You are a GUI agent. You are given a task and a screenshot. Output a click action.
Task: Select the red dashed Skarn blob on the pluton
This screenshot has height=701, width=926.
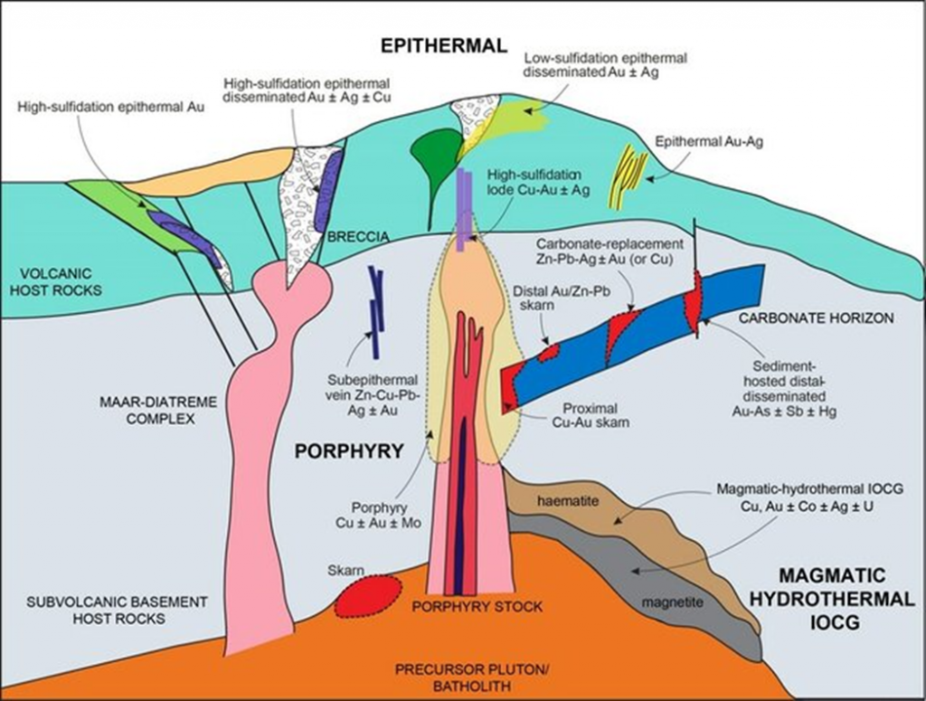[x=368, y=597]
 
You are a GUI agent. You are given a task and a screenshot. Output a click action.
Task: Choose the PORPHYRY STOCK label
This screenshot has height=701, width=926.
[x=477, y=606]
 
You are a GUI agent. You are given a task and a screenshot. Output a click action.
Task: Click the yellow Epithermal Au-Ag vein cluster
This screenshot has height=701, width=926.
[x=629, y=172]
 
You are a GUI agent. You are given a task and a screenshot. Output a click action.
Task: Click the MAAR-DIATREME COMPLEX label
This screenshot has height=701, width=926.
[x=152, y=411]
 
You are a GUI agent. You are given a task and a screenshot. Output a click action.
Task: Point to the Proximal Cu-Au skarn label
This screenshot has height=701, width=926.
[x=590, y=414]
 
